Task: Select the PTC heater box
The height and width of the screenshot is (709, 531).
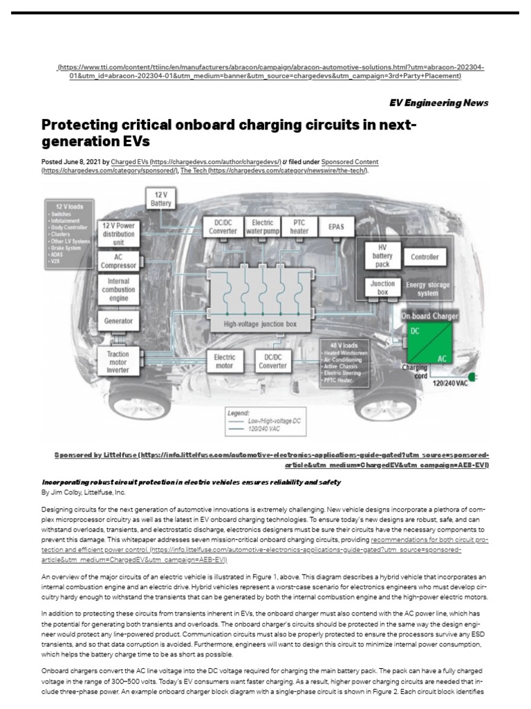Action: [299, 226]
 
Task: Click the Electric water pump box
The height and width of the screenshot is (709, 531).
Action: [263, 226]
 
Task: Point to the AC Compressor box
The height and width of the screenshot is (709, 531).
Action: [118, 260]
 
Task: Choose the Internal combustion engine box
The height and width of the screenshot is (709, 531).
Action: [118, 289]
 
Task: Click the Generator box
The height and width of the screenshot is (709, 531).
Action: [118, 321]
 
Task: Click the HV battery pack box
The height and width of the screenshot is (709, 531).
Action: [383, 256]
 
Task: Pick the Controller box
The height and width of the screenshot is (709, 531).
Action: [425, 257]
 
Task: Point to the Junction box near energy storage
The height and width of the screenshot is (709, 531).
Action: [383, 287]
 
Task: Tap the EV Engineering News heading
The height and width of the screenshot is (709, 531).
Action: [438, 102]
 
